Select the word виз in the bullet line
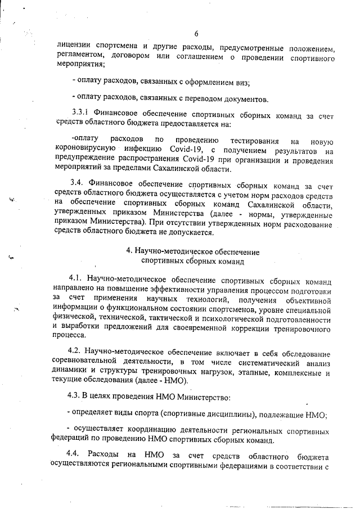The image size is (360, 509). pos(242,83)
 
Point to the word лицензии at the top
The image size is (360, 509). pos(73,46)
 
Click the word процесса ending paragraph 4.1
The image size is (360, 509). pos(69,336)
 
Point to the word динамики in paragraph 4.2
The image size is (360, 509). pos(69,372)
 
